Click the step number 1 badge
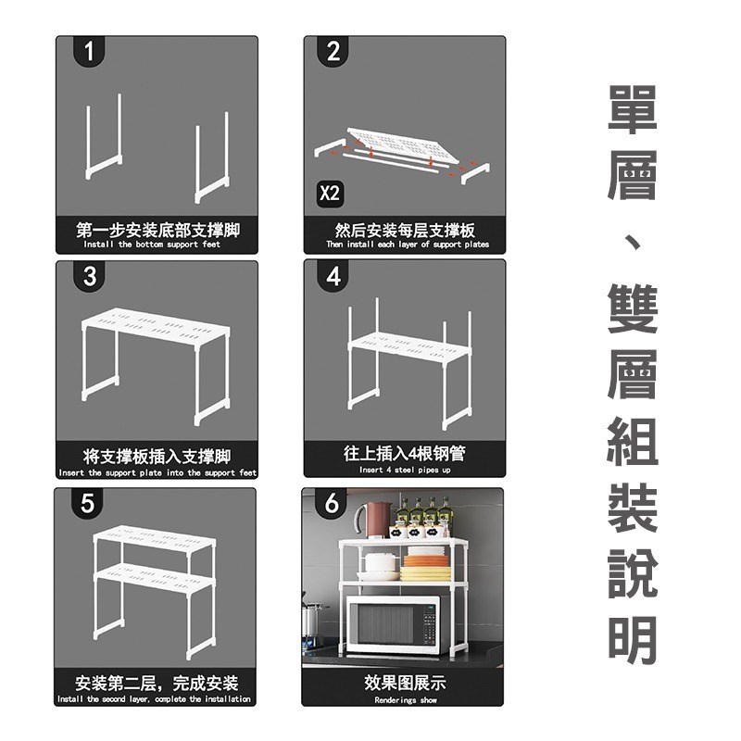89,53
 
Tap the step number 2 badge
333,53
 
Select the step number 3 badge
90,276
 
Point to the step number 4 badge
333,276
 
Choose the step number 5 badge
88,505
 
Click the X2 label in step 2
330,195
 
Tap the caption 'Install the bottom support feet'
152,245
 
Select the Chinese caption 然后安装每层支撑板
405,229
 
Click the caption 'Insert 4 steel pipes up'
405,470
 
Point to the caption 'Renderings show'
405,700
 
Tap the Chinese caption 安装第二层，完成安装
157,683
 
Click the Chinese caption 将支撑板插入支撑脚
157,456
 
